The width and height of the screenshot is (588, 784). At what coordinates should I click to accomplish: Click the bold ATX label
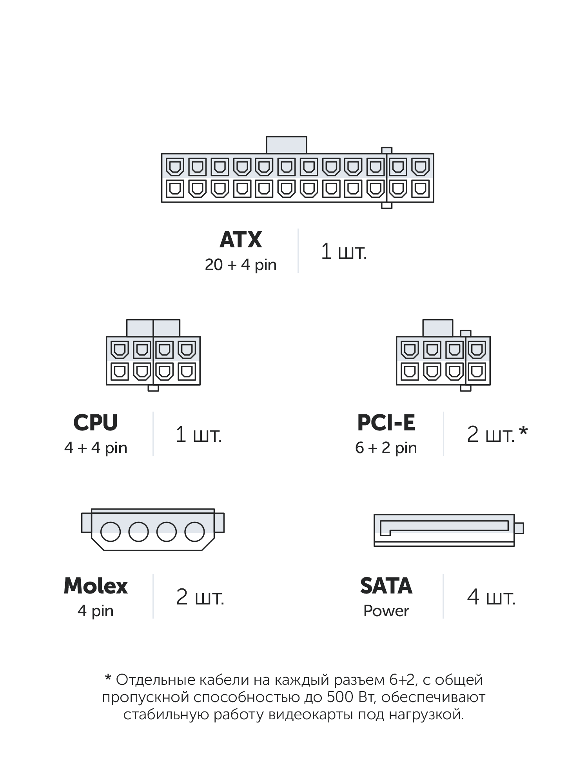[x=241, y=240]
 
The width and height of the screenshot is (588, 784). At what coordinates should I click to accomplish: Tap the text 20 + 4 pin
[x=241, y=265]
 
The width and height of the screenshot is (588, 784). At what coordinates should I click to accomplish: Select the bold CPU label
[x=96, y=423]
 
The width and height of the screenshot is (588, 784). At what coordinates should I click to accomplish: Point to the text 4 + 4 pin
[x=96, y=448]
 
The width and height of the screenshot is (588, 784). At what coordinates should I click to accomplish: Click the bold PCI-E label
[x=386, y=423]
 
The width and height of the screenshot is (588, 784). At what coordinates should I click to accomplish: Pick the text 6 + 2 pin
[x=386, y=448]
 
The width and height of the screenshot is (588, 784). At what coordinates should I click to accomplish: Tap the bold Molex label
[x=96, y=586]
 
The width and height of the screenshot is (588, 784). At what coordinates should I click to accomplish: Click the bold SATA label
[x=386, y=586]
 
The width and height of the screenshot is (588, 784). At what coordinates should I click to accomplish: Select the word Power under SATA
[x=386, y=611]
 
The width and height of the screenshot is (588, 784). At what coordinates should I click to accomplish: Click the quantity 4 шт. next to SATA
[x=491, y=597]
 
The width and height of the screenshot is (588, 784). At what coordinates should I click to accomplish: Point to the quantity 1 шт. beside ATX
[x=344, y=251]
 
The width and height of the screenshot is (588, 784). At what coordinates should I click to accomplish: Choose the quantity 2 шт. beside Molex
[x=200, y=597]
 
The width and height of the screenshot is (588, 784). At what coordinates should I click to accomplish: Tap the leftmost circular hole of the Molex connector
[x=111, y=532]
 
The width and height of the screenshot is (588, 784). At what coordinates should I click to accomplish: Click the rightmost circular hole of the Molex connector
[x=195, y=532]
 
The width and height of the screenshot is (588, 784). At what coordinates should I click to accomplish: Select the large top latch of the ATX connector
[x=287, y=145]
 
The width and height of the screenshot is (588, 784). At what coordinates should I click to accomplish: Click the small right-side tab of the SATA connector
[x=519, y=528]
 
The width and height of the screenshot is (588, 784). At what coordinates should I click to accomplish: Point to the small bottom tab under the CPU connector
[x=153, y=388]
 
